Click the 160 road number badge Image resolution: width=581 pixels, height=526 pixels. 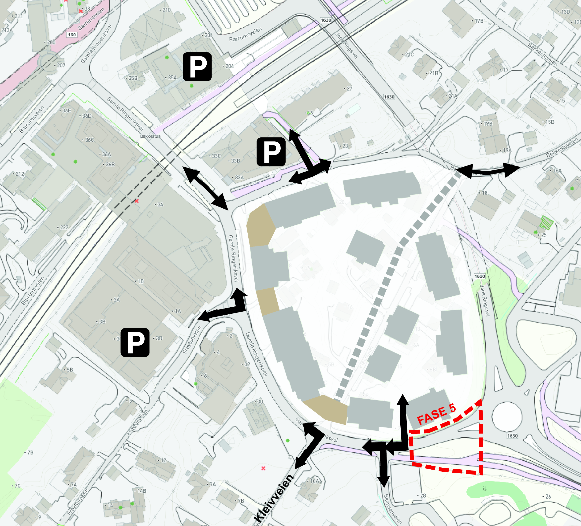point(72,35)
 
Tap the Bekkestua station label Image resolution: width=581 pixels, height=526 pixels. point(150,136)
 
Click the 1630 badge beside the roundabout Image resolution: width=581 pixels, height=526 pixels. point(512,436)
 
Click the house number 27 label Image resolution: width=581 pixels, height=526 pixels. point(349,89)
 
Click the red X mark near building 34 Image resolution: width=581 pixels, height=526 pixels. point(137,201)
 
